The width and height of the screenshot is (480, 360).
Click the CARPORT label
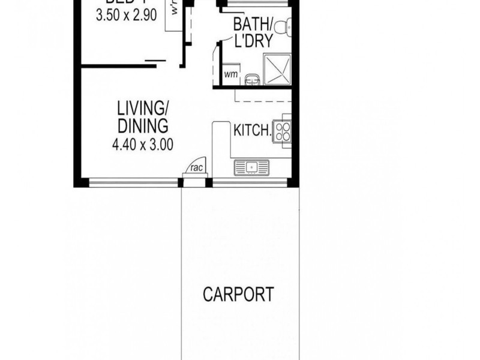coord(238,295)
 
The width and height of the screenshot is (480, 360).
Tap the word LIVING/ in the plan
coord(143,109)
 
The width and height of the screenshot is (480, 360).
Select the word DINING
coord(142,127)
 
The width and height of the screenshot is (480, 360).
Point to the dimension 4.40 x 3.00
coord(143,144)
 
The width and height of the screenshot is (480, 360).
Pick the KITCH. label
coord(251,131)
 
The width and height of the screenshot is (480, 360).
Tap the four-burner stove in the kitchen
coord(281,131)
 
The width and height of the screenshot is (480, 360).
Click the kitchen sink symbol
coord(252,166)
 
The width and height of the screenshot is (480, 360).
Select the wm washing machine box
coord(230,74)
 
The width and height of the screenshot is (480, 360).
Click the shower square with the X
coord(277,68)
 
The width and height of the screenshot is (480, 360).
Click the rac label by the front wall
coord(196,168)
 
